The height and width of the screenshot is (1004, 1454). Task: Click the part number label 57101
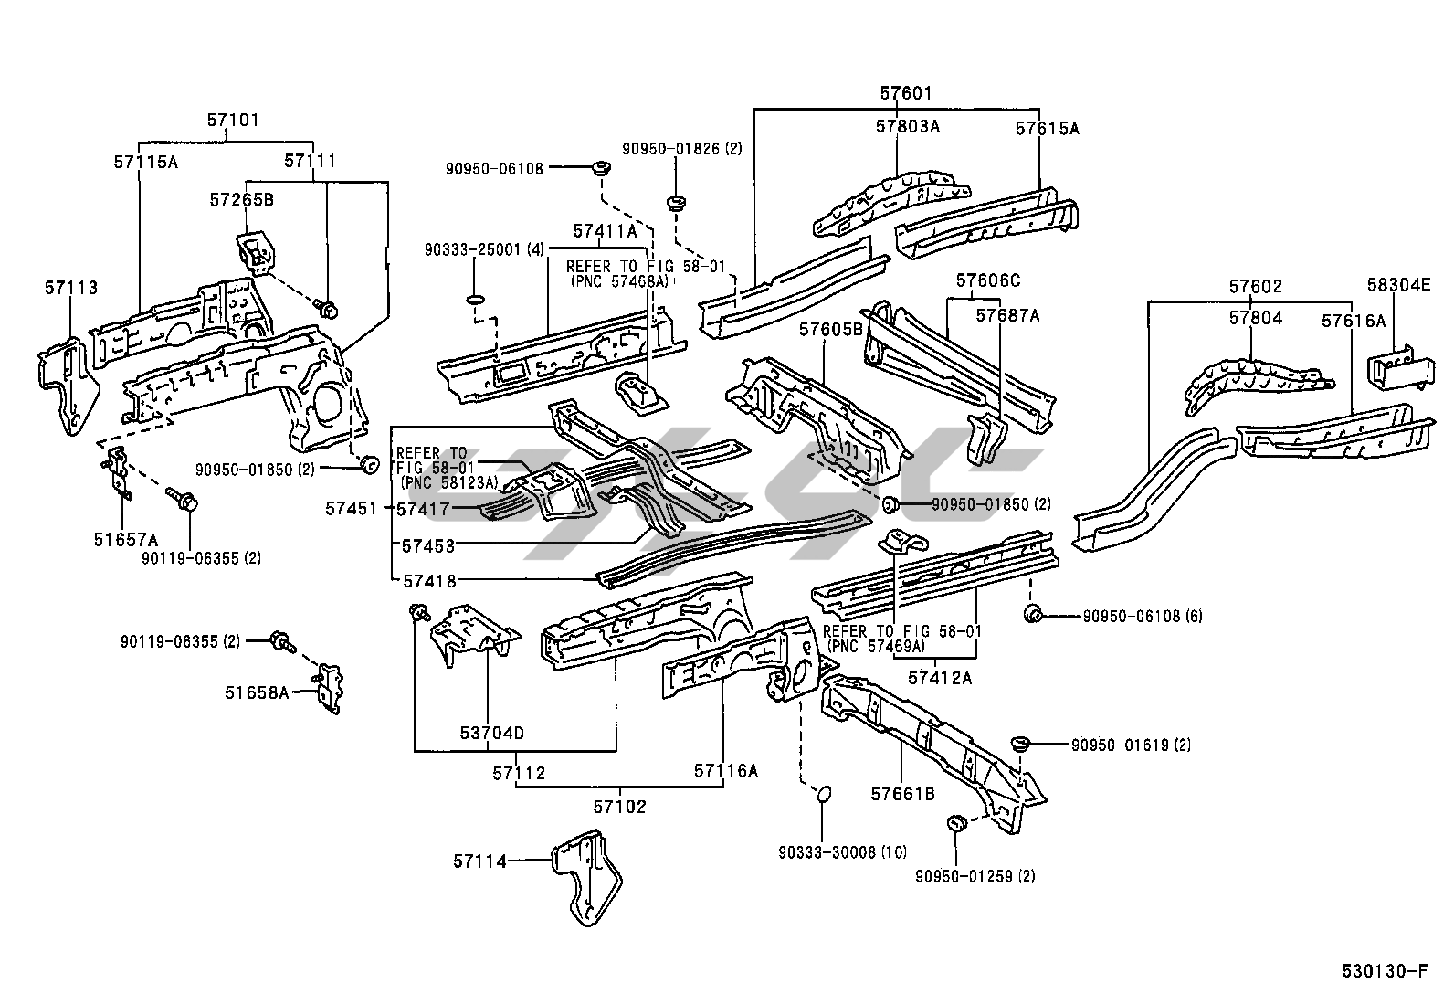click(x=232, y=120)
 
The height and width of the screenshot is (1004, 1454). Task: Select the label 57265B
click(x=241, y=200)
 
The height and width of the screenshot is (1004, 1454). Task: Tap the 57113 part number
click(x=70, y=289)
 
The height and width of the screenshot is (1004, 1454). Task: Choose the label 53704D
click(x=491, y=733)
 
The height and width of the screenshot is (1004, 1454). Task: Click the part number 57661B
click(x=901, y=794)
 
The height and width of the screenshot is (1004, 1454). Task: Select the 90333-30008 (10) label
click(x=842, y=852)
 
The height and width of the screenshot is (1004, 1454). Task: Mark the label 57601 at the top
click(x=906, y=93)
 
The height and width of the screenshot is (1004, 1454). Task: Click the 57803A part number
click(x=907, y=127)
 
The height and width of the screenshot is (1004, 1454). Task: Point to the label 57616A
click(x=1354, y=321)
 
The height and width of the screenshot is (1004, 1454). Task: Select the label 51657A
click(x=125, y=539)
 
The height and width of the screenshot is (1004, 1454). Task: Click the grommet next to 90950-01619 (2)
click(x=1021, y=744)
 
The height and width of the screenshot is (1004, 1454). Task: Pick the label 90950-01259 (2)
click(x=975, y=876)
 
